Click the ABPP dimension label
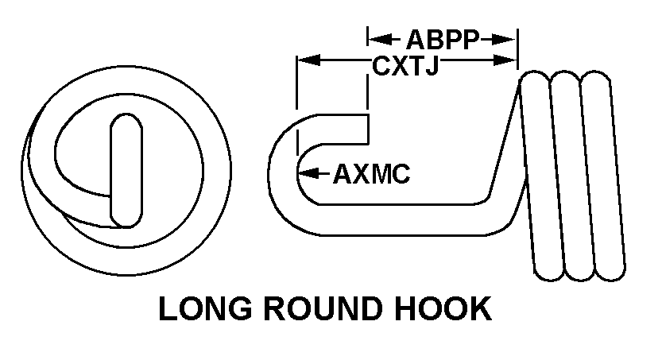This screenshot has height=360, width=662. point(441,40)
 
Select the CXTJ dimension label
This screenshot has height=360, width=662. point(406,66)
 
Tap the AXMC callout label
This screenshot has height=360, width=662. point(371,173)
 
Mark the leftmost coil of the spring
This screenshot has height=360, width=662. point(540,175)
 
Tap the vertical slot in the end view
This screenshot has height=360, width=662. point(126,170)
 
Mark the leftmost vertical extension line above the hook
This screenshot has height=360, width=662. point(296,87)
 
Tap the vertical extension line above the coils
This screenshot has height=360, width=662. point(517,52)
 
